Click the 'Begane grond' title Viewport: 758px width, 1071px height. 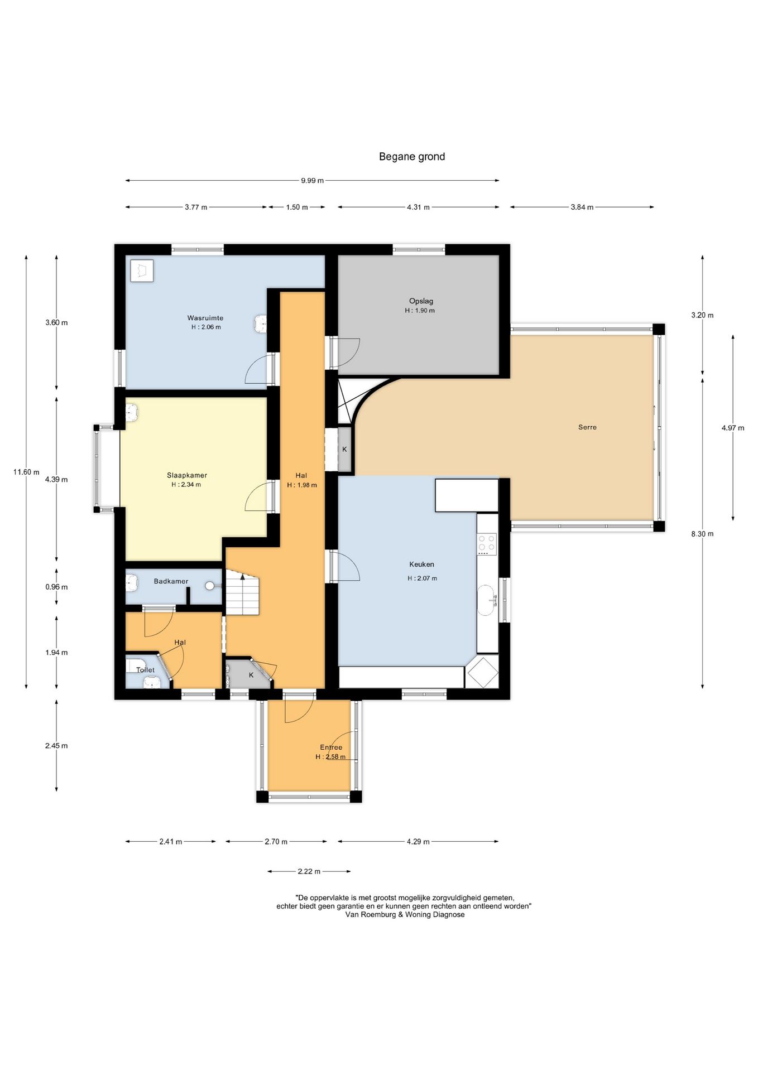tap(412, 157)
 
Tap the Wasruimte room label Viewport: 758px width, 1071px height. tap(205, 318)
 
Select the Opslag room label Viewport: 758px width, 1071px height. tap(421, 301)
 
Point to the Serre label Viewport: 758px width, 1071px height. tap(587, 427)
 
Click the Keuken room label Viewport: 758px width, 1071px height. tap(421, 565)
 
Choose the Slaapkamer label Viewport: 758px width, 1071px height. tap(187, 475)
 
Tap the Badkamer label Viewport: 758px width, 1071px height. tap(171, 581)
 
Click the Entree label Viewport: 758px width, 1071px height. tap(331, 747)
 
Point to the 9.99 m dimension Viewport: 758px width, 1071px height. tap(312, 181)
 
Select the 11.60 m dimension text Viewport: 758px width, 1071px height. tap(26, 472)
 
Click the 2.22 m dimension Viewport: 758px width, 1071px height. tap(309, 871)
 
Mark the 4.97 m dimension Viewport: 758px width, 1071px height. tap(733, 428)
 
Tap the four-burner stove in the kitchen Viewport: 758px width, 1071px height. tap(486, 544)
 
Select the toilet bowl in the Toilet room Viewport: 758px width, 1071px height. tap(152, 682)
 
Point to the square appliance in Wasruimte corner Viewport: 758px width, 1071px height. tap(142, 271)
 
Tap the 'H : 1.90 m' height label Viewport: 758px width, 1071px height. tap(420, 311)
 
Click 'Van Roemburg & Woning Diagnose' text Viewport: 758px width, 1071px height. tap(405, 914)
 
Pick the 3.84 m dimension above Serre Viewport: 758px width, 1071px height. tap(582, 208)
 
